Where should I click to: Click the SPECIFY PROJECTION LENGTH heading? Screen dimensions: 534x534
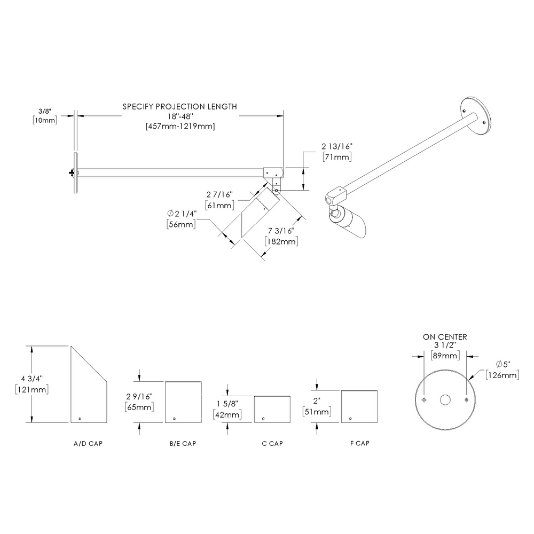click(x=180, y=106)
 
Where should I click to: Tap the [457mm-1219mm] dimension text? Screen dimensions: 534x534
click(x=180, y=126)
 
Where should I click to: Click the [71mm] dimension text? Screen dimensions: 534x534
click(x=337, y=157)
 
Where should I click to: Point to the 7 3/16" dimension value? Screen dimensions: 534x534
click(x=281, y=231)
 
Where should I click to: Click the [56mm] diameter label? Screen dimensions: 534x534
click(x=182, y=224)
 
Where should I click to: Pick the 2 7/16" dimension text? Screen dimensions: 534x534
click(x=219, y=195)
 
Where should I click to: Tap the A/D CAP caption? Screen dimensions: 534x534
click(x=88, y=444)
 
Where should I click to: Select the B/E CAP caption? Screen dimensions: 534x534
click(x=184, y=444)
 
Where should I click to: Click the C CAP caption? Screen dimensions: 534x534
click(x=272, y=444)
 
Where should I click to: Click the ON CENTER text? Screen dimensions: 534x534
click(x=445, y=337)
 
